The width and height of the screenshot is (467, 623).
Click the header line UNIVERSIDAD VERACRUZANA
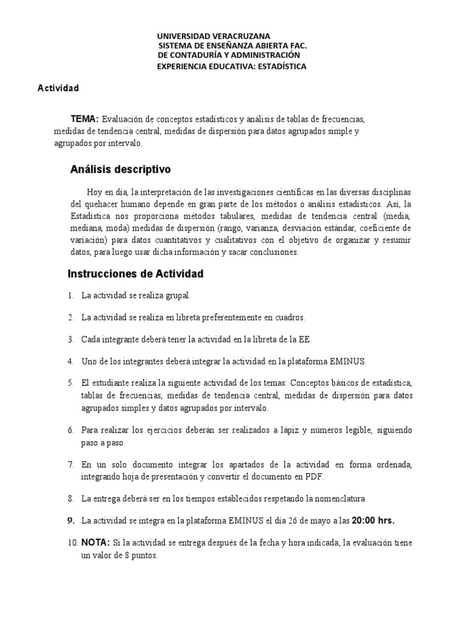pyautogui.click(x=205, y=36)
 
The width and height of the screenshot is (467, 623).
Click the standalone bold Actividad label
pyautogui.click(x=58, y=88)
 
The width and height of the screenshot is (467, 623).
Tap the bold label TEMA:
pyautogui.click(x=85, y=119)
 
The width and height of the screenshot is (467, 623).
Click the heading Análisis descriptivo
pyautogui.click(x=121, y=168)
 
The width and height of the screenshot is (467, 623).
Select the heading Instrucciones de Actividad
pyautogui.click(x=135, y=274)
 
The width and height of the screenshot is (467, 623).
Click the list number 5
pyautogui.click(x=71, y=383)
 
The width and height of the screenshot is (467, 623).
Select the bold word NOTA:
pyautogui.click(x=95, y=543)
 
